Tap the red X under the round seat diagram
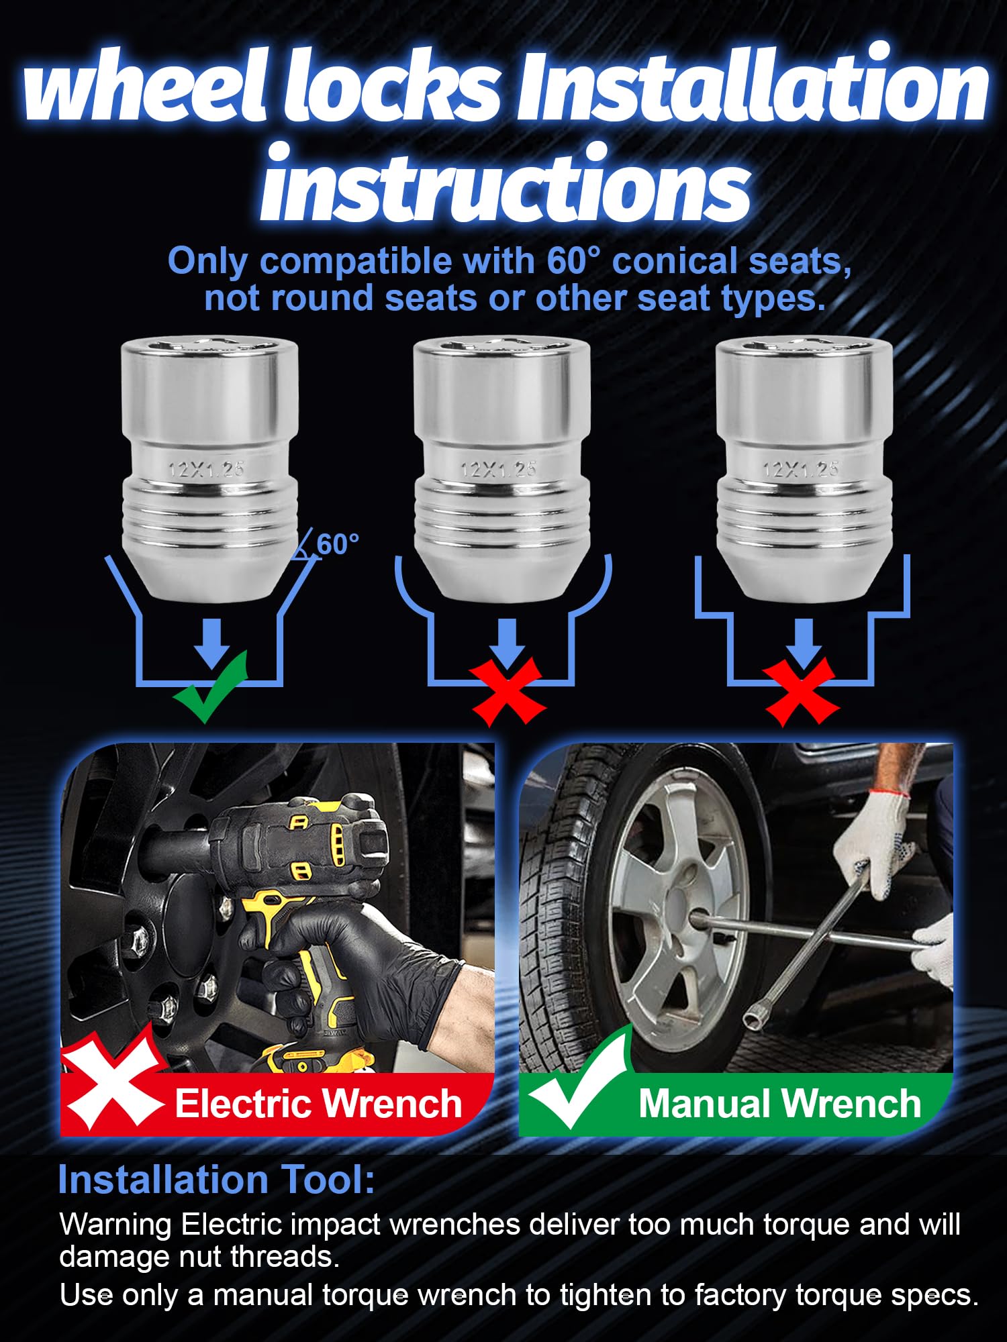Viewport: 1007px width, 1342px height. [508, 691]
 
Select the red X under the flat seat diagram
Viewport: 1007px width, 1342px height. [801, 691]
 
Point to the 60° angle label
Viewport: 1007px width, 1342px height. [337, 544]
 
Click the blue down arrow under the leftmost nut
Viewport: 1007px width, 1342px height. [212, 643]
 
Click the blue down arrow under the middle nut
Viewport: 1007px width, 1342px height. [508, 643]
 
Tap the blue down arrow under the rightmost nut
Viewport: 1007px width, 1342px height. [803, 643]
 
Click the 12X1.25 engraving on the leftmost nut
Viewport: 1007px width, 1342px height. [206, 468]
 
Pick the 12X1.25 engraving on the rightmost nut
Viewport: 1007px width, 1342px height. [801, 468]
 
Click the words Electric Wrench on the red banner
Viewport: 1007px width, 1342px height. [318, 1104]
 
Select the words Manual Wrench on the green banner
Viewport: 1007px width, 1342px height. [779, 1104]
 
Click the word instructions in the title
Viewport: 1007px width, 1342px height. [505, 183]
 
